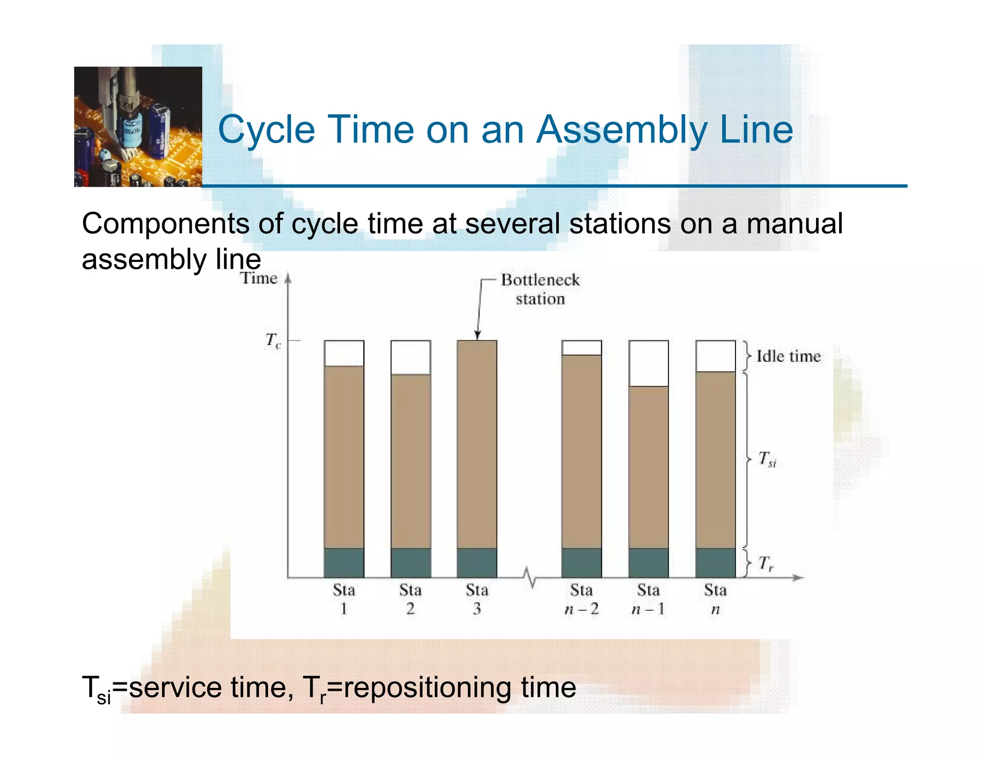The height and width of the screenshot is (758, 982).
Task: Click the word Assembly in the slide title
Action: pyautogui.click(x=621, y=130)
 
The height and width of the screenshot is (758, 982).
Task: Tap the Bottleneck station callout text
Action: pyautogui.click(x=540, y=289)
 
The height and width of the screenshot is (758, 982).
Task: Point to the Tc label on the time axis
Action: pyautogui.click(x=273, y=341)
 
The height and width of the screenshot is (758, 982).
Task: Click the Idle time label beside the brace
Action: pyautogui.click(x=788, y=356)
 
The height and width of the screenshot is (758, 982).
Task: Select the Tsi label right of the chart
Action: pyautogui.click(x=767, y=459)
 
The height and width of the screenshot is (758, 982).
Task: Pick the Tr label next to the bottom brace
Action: pyautogui.click(x=766, y=563)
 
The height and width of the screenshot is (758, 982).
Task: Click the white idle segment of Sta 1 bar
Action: pyautogui.click(x=344, y=353)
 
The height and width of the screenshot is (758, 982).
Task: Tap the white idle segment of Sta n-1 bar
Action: pyautogui.click(x=648, y=363)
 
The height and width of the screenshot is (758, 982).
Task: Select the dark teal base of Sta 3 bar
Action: pyautogui.click(x=477, y=563)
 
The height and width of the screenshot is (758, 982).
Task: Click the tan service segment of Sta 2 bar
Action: pyautogui.click(x=410, y=460)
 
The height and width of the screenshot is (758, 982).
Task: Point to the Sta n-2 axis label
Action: pyautogui.click(x=581, y=599)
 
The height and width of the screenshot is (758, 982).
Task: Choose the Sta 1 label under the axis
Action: pyautogui.click(x=344, y=599)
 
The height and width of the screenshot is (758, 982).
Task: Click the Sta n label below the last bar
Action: pyautogui.click(x=715, y=599)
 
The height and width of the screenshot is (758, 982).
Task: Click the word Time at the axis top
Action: pyautogui.click(x=259, y=278)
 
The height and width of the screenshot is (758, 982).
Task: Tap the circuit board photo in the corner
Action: pyautogui.click(x=138, y=126)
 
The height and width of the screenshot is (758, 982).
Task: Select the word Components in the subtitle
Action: pyautogui.click(x=165, y=224)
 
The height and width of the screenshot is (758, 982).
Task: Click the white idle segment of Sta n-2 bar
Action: pyautogui.click(x=581, y=348)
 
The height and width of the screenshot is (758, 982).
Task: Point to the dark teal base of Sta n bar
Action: pyautogui.click(x=715, y=563)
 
